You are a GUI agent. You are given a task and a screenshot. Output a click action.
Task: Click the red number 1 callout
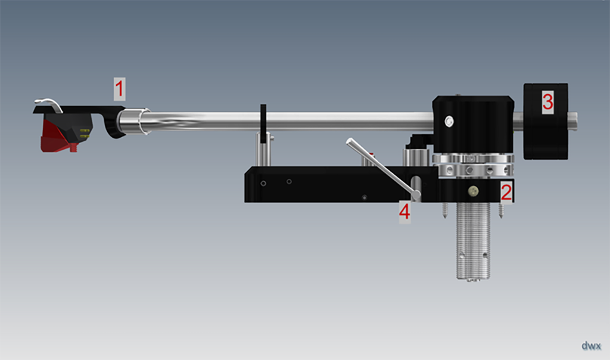[119, 89]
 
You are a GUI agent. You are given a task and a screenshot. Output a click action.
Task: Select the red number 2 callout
[506, 192]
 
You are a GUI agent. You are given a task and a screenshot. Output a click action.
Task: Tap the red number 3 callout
[548, 101]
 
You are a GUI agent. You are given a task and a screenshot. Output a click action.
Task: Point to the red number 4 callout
[404, 212]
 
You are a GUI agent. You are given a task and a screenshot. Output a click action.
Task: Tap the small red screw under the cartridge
[74, 147]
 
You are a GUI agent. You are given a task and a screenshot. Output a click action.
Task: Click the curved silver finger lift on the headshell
[49, 104]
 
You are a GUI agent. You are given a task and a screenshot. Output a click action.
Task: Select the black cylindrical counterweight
[546, 121]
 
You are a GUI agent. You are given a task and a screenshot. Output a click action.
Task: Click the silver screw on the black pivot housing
[449, 122]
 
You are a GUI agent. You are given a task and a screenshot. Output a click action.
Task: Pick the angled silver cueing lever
[383, 169]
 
